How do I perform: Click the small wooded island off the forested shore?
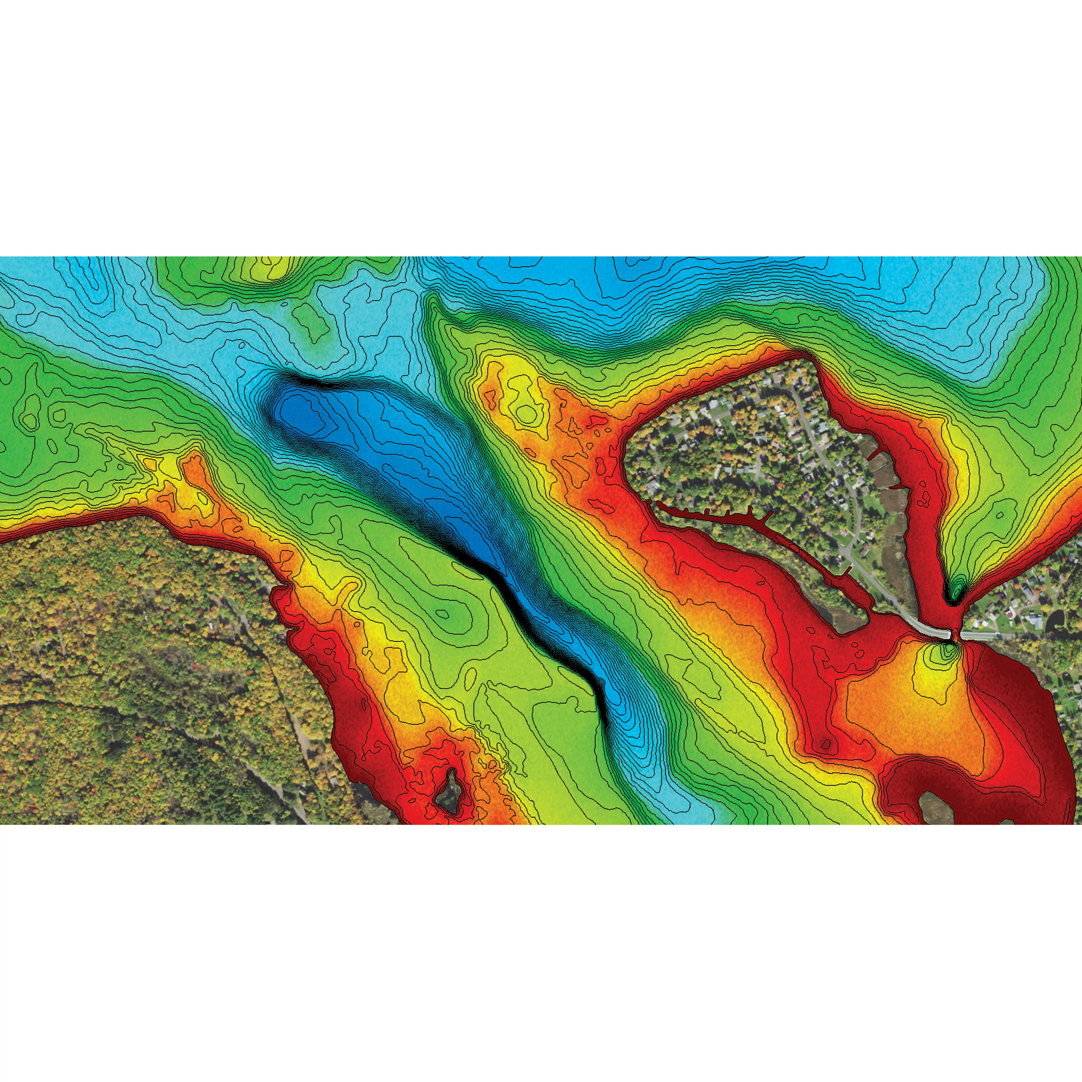pyautogui.click(x=449, y=791)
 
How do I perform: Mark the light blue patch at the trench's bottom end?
pyautogui.click(x=680, y=801)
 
